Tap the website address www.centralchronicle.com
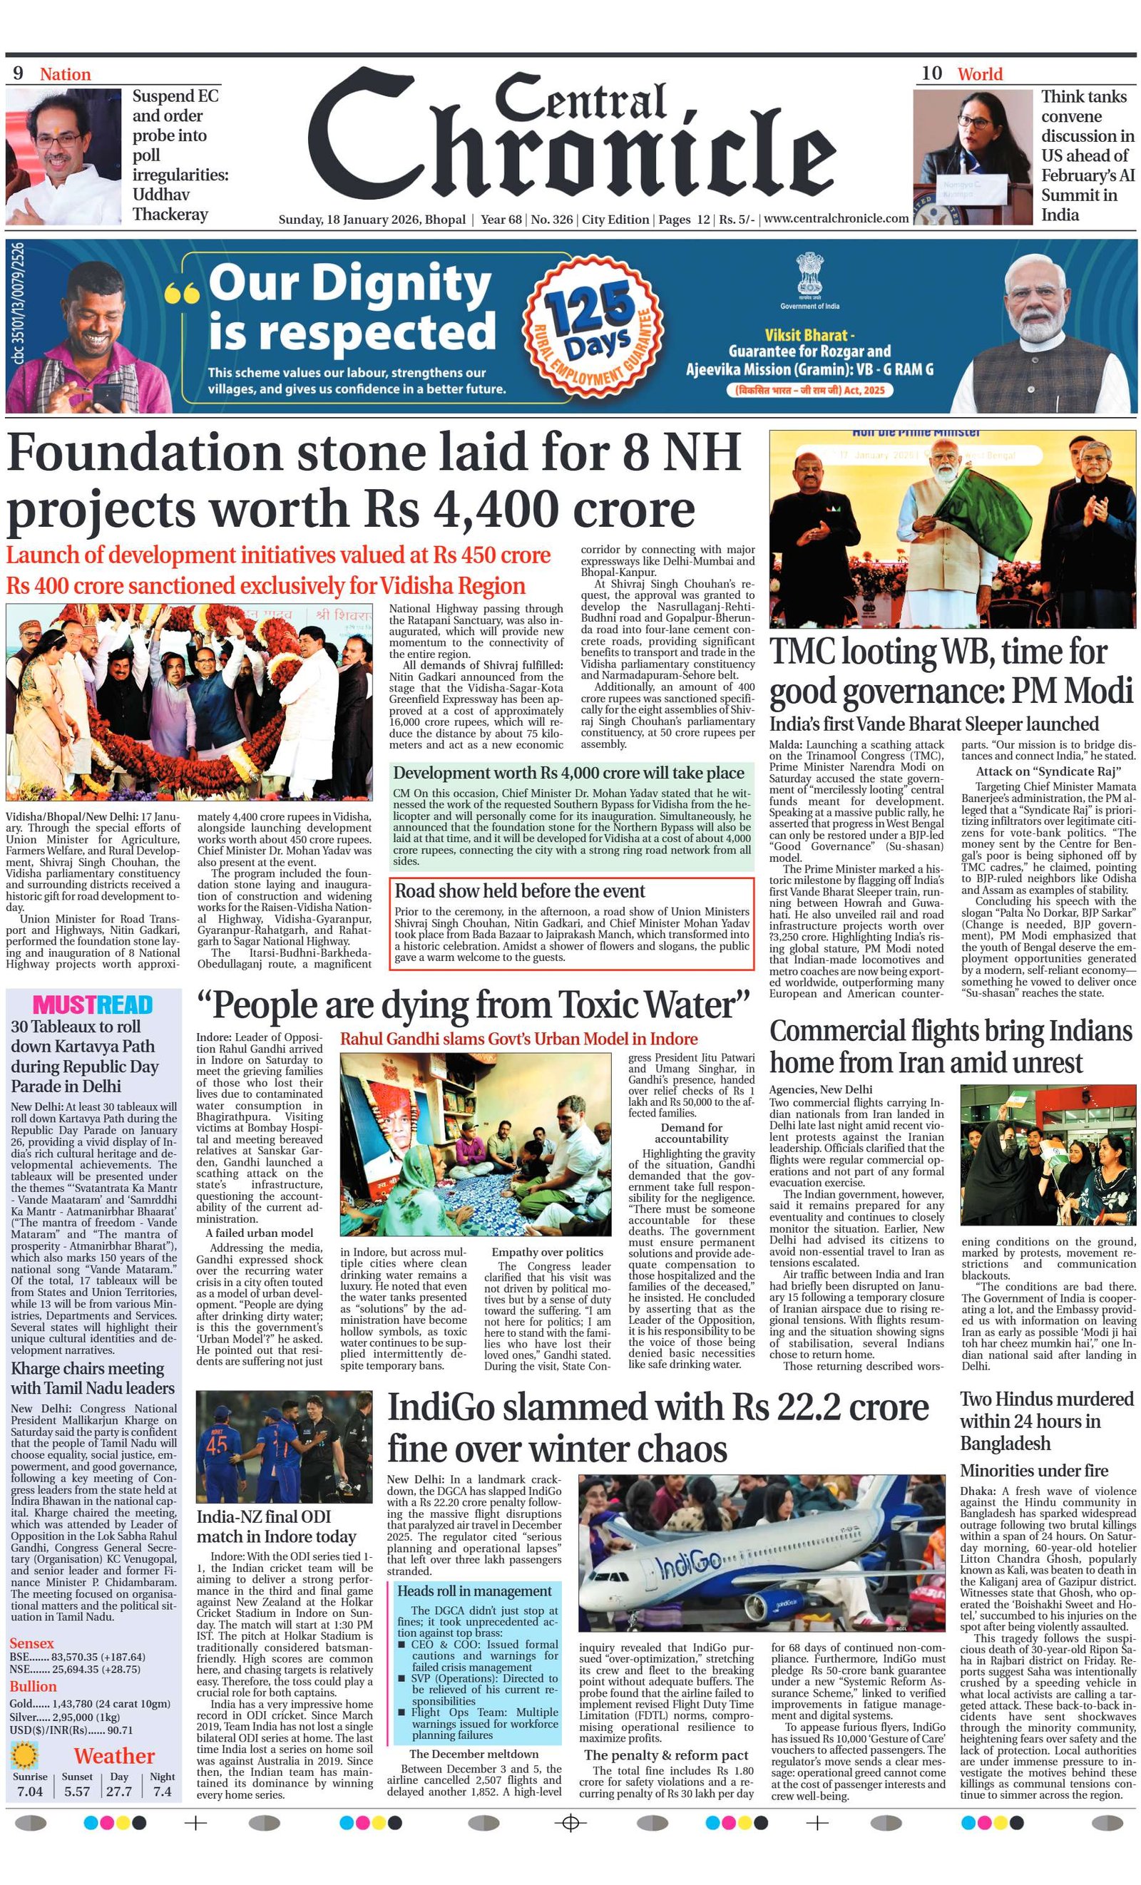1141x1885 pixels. (x=836, y=219)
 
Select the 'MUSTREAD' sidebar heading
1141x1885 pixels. (x=93, y=1005)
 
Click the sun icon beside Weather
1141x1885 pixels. (x=26, y=1756)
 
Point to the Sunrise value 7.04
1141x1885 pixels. (x=30, y=1792)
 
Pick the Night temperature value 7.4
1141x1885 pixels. (x=161, y=1792)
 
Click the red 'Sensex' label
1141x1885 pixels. (x=32, y=1643)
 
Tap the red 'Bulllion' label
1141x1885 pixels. (x=33, y=1687)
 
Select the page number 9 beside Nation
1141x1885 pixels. (x=18, y=73)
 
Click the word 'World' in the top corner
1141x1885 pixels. (x=980, y=74)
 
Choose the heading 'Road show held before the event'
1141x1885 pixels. (x=520, y=891)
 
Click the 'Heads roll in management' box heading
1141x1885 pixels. (x=474, y=1591)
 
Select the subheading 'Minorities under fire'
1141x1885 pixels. (x=1034, y=1470)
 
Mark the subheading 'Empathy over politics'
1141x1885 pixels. (x=547, y=1253)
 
